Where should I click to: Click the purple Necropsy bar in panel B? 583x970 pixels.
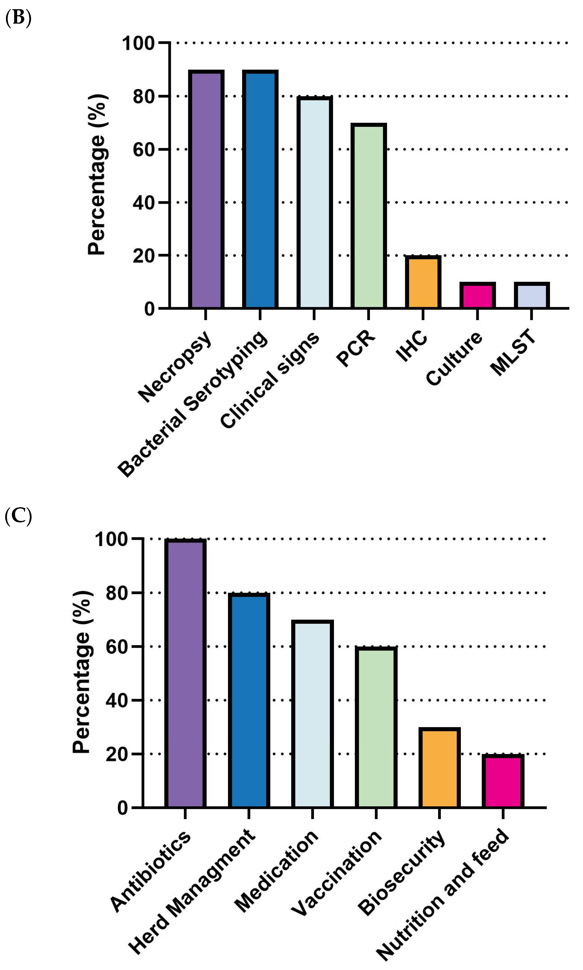(206, 189)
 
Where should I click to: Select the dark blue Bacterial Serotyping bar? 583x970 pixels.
(260, 189)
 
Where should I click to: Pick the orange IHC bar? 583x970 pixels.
(423, 282)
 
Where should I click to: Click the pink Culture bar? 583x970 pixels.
(477, 295)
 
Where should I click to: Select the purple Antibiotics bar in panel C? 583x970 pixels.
(185, 673)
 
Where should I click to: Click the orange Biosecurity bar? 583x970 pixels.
(439, 767)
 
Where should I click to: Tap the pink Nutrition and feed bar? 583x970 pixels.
(503, 781)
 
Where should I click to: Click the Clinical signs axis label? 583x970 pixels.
(270, 380)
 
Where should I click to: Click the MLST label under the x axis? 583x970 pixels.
(513, 352)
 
